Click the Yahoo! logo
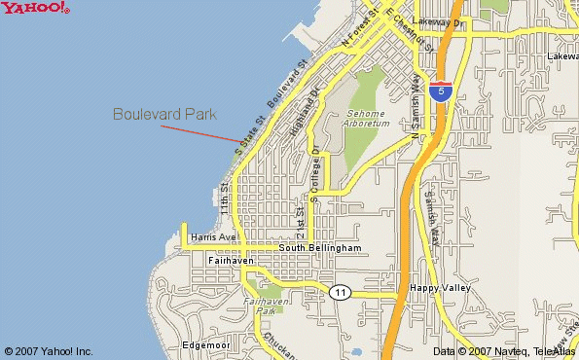pyautogui.click(x=35, y=9)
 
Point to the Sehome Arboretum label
pyautogui.click(x=368, y=119)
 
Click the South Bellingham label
pyautogui.click(x=320, y=248)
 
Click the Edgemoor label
pyautogui.click(x=205, y=345)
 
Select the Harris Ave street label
pyautogui.click(x=214, y=236)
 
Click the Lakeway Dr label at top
pyautogui.click(x=439, y=19)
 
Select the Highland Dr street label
pyautogui.click(x=304, y=113)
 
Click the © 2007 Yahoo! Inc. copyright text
pyautogui.click(x=49, y=351)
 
